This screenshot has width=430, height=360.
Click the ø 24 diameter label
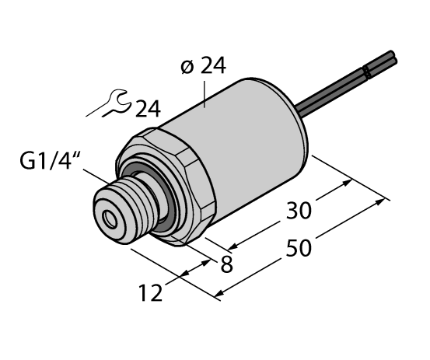point(203,68)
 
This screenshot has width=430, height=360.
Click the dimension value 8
point(226,264)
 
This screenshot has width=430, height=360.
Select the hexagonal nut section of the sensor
point(179,183)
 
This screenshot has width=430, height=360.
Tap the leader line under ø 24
point(204,93)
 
